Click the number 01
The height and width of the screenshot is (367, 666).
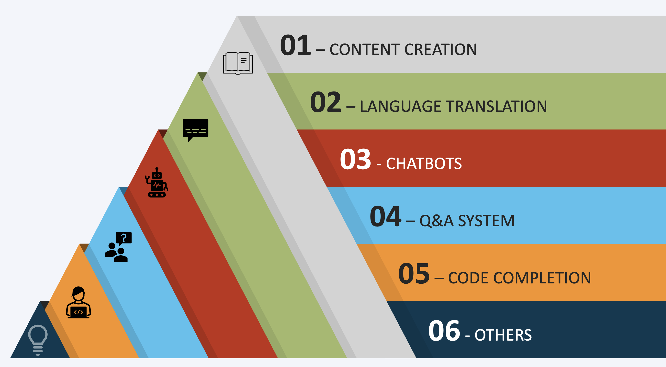(295, 45)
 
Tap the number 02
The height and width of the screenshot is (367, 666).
(326, 102)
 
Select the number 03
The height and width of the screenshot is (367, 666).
(356, 159)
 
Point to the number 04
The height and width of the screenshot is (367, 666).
(385, 216)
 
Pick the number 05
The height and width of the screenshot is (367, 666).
(414, 274)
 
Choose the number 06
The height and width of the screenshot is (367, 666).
(444, 330)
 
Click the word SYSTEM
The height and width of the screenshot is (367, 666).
(486, 221)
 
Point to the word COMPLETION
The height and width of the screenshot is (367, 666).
(542, 278)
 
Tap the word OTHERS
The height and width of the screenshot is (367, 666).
(503, 335)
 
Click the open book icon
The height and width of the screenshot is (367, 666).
(238, 63)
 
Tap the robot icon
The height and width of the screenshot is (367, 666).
(157, 183)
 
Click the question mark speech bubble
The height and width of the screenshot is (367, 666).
(124, 239)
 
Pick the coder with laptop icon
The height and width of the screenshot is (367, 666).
(78, 302)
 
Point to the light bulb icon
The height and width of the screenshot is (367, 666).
(38, 340)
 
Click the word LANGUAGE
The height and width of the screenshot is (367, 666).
(400, 106)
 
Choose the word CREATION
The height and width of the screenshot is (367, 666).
(440, 49)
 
